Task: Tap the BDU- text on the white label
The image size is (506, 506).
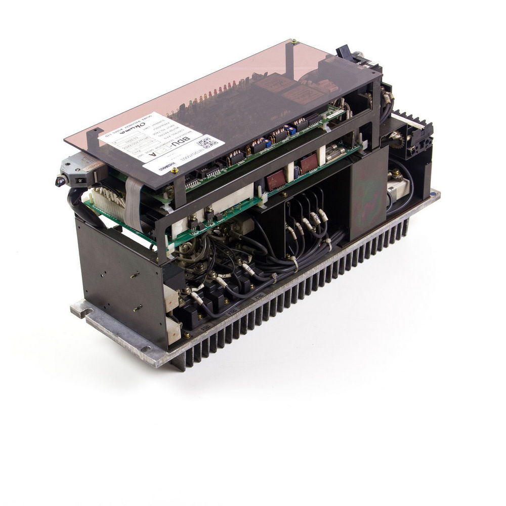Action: click(187, 140)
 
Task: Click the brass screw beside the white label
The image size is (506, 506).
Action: click(175, 171)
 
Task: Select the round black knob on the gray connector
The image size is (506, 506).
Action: click(60, 181)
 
